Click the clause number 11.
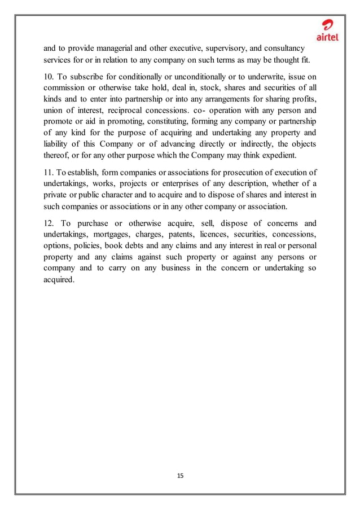point(50,172)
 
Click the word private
point(56,195)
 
